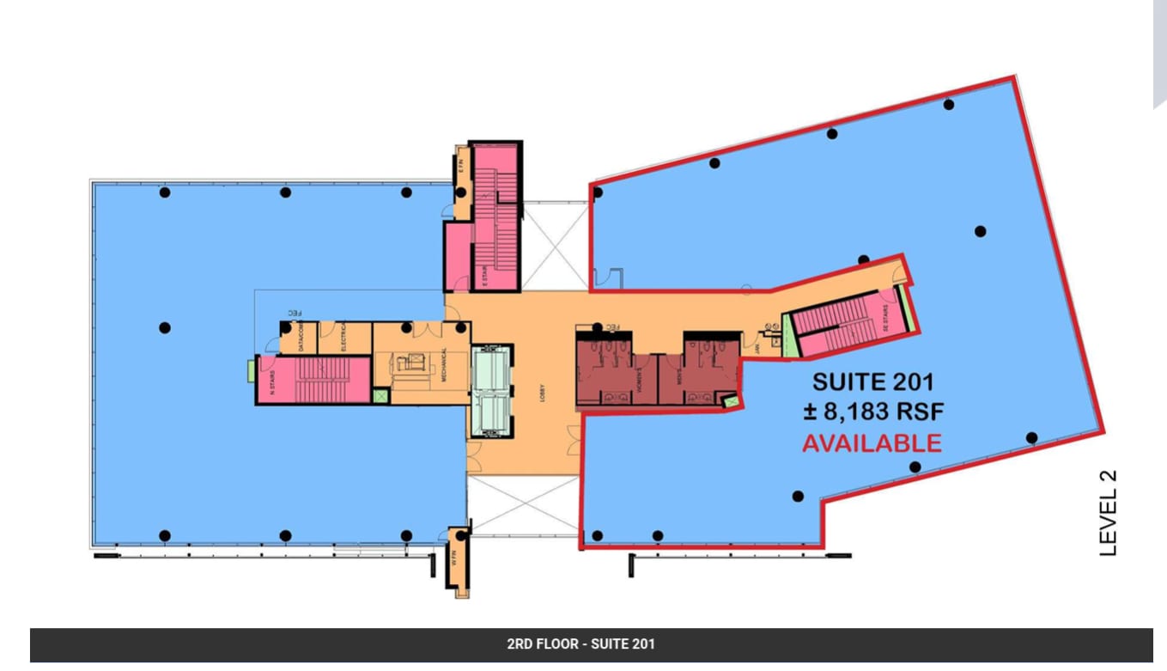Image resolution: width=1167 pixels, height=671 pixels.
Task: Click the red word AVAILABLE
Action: [x=871, y=443]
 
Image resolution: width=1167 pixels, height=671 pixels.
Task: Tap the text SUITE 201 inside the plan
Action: [x=872, y=381]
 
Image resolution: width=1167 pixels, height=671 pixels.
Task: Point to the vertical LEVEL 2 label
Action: [x=1108, y=513]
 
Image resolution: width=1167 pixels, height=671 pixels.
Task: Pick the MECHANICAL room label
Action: [x=444, y=364]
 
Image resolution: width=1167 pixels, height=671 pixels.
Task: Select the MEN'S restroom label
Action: [x=678, y=379]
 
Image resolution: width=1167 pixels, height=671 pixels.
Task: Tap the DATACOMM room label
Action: [x=301, y=337]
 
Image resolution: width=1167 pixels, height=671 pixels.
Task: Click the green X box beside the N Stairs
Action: [x=380, y=396]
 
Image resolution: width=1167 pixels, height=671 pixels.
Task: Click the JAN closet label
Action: [x=757, y=349]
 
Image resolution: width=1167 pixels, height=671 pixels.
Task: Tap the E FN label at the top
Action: [x=461, y=163]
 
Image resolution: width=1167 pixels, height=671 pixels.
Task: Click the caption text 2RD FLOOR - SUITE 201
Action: [x=581, y=644]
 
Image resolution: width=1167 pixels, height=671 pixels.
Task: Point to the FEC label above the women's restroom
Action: [x=612, y=327]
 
